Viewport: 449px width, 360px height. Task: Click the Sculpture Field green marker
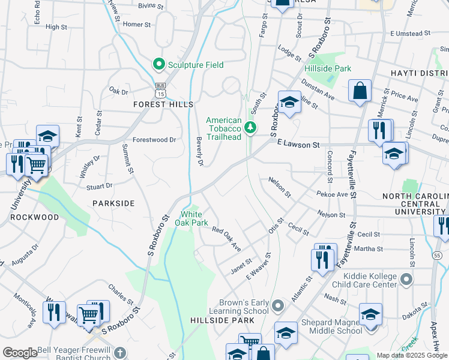[x=159, y=64]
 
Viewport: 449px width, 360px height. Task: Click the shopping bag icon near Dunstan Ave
[x=360, y=92]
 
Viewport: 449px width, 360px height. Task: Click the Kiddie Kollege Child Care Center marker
[x=406, y=278]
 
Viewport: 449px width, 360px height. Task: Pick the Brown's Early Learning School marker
[x=277, y=307]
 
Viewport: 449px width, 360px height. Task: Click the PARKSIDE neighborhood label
[x=113, y=203]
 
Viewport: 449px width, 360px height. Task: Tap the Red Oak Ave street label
[x=226, y=239]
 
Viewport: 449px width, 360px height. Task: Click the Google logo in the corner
[x=20, y=352]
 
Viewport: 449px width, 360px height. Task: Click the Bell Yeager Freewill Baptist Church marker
[x=120, y=353]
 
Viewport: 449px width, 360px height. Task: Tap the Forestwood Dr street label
[x=154, y=140]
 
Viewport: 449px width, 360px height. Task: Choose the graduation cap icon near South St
[x=289, y=103]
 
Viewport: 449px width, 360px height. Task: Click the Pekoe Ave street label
[x=334, y=195]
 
